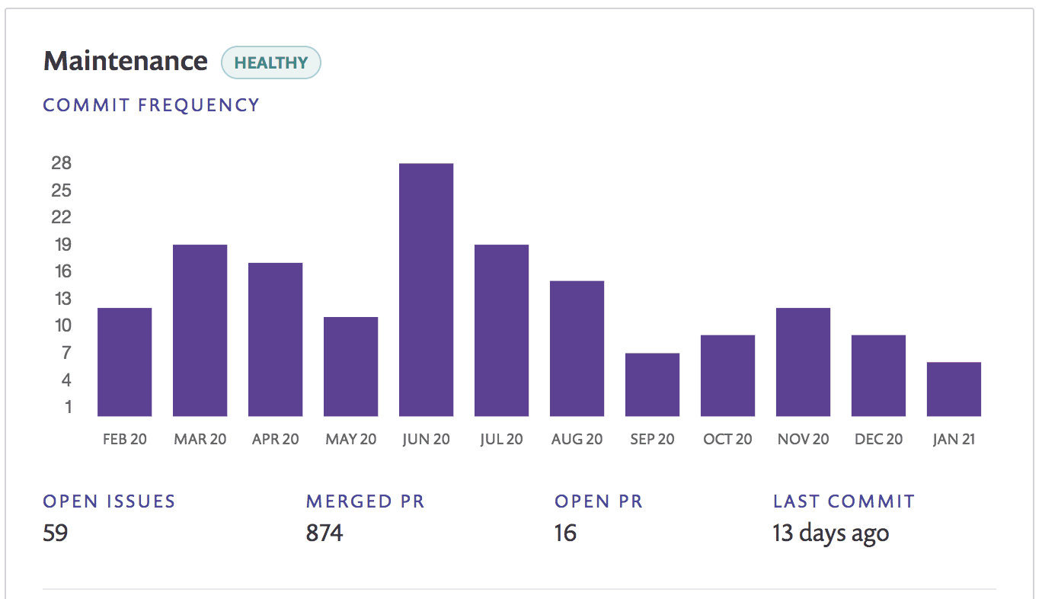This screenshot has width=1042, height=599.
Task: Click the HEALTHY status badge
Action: (270, 62)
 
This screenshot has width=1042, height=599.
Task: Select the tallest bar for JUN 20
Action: (426, 290)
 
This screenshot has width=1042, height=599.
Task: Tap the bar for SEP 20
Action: (652, 384)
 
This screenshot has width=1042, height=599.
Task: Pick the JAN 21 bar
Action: (954, 389)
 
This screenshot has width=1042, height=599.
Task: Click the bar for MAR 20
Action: (200, 331)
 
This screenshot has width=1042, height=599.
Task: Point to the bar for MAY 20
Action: (350, 367)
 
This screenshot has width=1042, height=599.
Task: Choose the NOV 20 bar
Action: (803, 362)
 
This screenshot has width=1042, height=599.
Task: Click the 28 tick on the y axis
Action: (62, 163)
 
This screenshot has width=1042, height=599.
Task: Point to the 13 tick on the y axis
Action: (62, 298)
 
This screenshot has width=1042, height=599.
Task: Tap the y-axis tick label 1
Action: (69, 407)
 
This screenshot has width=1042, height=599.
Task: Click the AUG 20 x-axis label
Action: (577, 439)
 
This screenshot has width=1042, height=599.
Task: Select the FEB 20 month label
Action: (125, 439)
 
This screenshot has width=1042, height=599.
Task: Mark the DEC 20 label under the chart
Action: (878, 439)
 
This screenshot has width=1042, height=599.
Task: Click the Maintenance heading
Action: (126, 61)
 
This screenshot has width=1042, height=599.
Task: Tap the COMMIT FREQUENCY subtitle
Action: (151, 105)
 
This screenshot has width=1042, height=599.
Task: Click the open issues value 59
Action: (56, 533)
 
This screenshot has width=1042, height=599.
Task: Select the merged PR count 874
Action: (324, 533)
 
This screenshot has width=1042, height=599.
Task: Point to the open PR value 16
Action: (565, 533)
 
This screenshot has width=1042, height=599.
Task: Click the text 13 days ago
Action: (831, 533)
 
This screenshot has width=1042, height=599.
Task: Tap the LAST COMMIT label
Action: (844, 501)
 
